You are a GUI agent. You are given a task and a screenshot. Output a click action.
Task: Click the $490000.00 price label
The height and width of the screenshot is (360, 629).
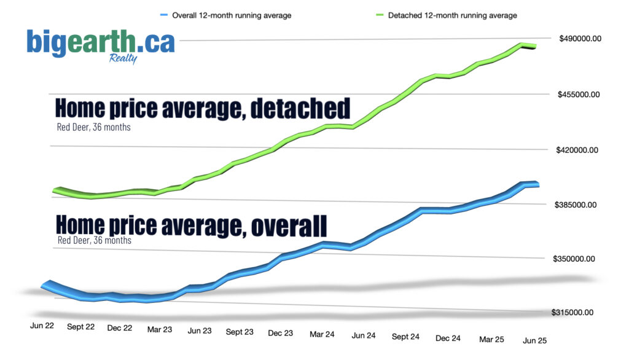point(580,39)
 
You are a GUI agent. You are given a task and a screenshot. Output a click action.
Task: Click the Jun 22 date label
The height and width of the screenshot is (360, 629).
point(42,326)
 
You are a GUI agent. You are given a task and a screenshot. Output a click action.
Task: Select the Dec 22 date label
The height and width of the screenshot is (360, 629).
point(119,328)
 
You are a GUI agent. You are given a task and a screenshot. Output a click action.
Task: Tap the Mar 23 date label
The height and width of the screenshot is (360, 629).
point(160,329)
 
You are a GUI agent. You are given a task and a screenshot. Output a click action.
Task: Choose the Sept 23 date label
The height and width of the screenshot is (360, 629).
point(240,332)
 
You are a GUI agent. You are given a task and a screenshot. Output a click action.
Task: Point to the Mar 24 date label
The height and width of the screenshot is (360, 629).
point(322,334)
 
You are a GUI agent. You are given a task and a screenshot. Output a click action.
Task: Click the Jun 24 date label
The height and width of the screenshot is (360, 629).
point(363,335)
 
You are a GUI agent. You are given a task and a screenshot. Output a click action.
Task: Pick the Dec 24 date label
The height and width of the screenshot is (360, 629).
point(448,338)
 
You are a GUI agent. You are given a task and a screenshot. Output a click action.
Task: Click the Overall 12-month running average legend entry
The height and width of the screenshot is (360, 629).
point(231,15)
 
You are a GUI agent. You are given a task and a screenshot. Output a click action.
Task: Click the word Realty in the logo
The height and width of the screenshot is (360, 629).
point(123,59)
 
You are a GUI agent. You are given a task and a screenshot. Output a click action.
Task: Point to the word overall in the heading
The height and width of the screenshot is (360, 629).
point(289,225)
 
